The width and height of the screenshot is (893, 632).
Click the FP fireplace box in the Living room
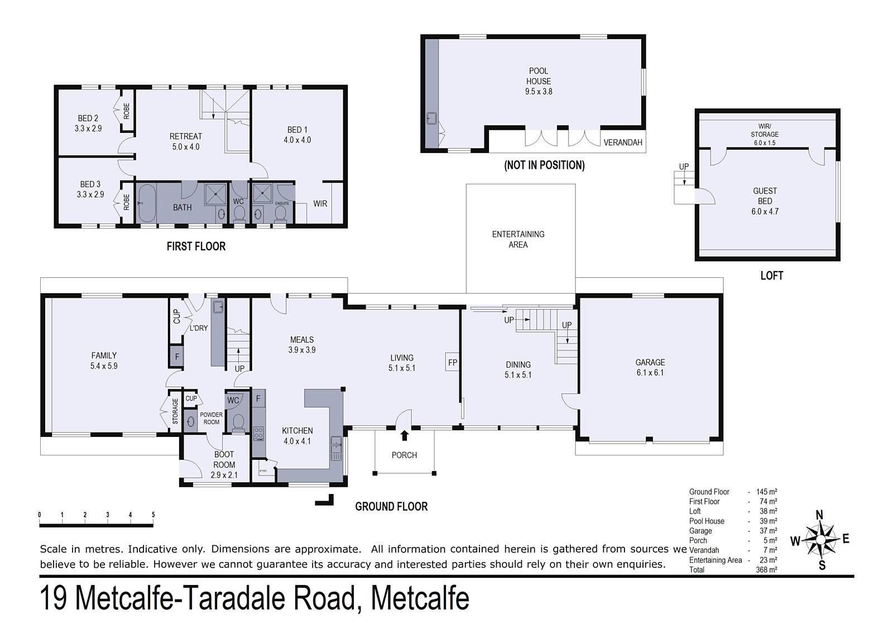(x=453, y=362)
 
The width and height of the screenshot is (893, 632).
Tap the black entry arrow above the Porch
(x=405, y=435)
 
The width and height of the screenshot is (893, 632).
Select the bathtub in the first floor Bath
(x=147, y=203)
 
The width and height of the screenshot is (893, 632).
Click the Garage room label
(x=650, y=367)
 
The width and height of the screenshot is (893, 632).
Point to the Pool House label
(x=539, y=81)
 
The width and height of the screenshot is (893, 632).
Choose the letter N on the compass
(x=819, y=515)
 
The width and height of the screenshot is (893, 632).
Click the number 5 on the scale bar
(x=153, y=515)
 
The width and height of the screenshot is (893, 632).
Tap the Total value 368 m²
(x=766, y=570)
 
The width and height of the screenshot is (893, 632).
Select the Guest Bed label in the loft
(x=765, y=201)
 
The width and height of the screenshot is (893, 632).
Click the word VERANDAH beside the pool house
(x=623, y=142)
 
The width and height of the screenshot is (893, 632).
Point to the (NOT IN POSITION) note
(x=544, y=165)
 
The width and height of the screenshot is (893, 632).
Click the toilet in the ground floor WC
(x=238, y=422)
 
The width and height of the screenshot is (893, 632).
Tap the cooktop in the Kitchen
(x=258, y=433)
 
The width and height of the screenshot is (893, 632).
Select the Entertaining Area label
(x=518, y=240)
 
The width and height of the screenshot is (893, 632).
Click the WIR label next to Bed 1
(x=320, y=203)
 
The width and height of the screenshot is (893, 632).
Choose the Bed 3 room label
(x=90, y=189)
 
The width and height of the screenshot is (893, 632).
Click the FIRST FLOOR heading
(x=196, y=246)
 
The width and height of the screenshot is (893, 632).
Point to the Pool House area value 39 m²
(x=767, y=521)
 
